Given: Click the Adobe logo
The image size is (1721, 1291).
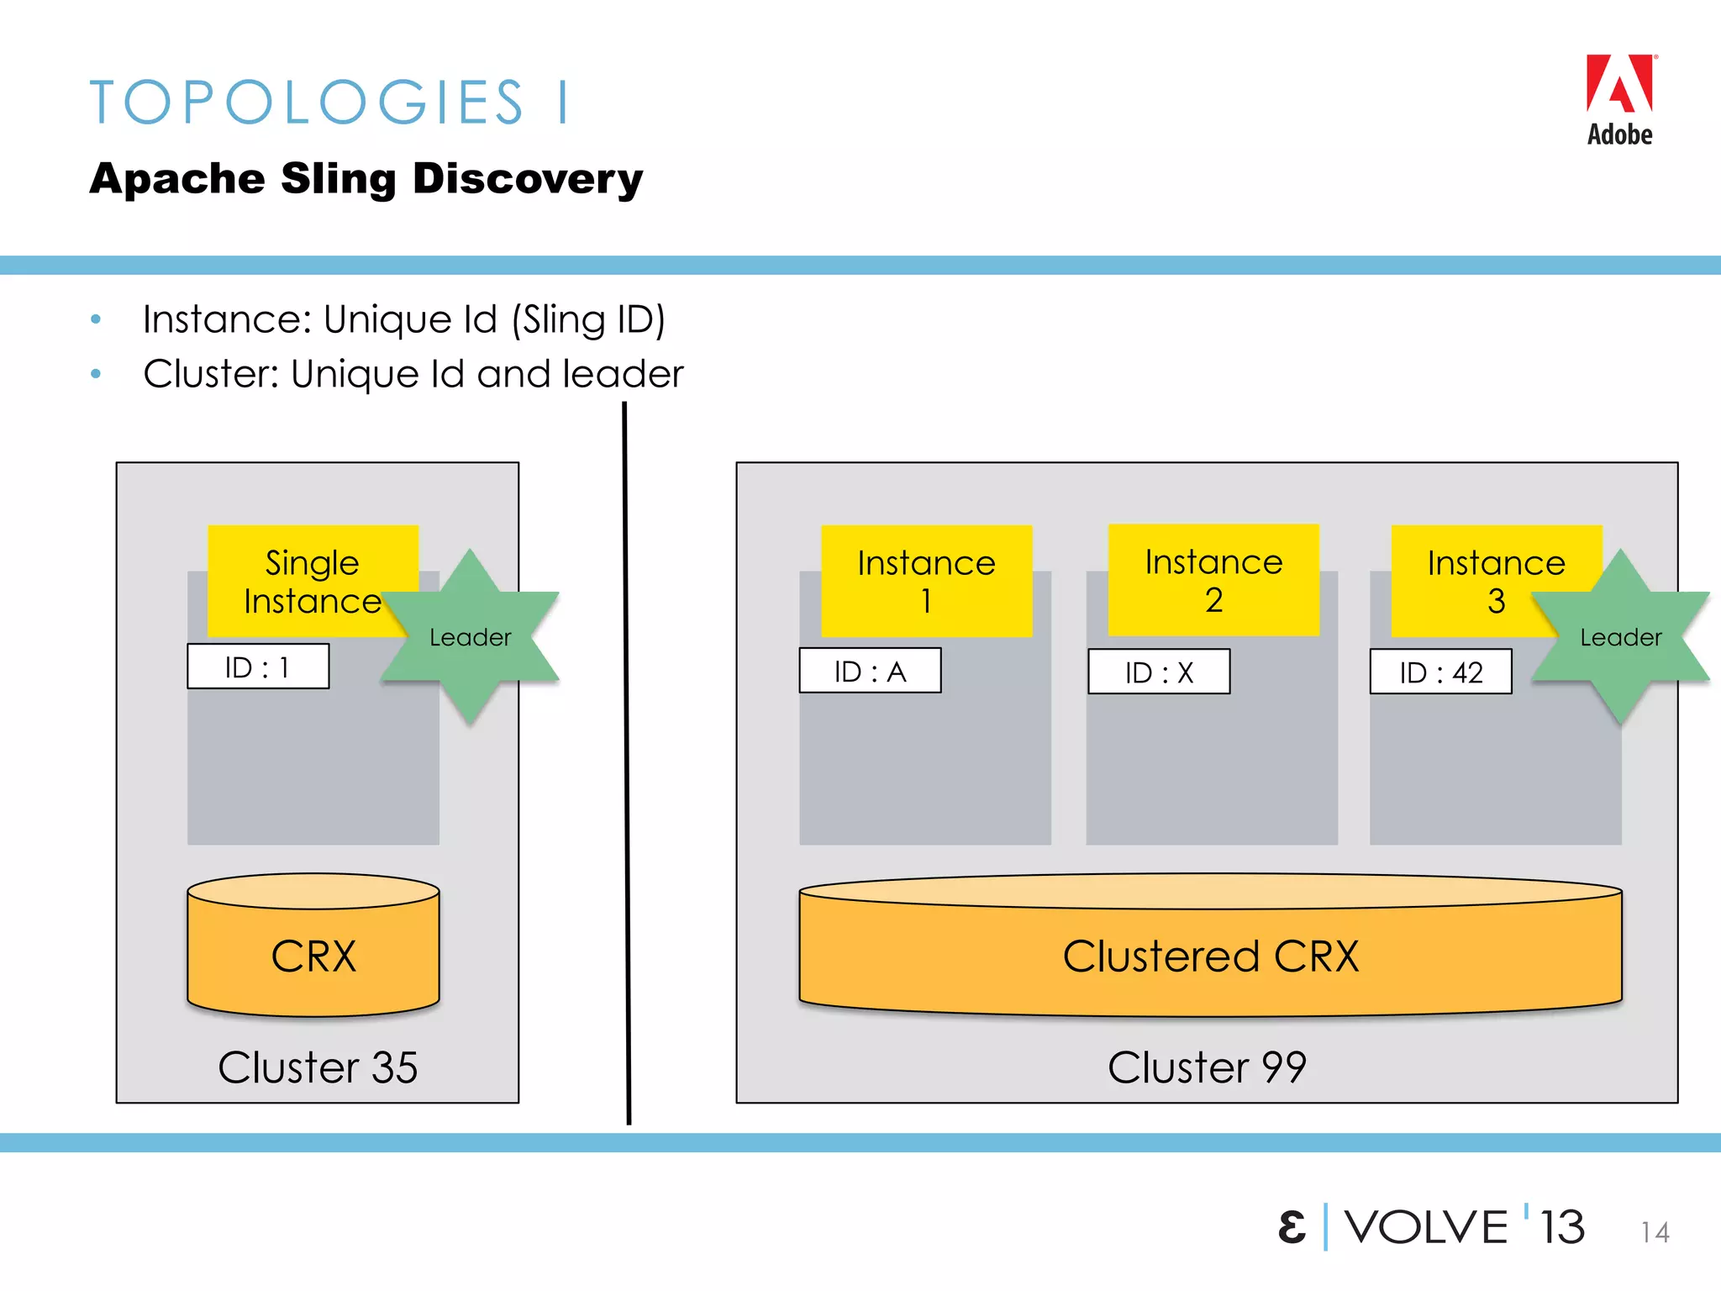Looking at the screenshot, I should point(1619,99).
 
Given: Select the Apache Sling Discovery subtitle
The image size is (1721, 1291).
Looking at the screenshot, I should point(366,179).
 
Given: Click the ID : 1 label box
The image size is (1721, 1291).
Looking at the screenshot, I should point(257,667).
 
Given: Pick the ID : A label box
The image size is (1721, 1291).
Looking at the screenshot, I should point(870,672).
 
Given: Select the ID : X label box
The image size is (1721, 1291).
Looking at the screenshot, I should point(1159,672).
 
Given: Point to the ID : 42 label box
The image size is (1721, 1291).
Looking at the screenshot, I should point(1440,672).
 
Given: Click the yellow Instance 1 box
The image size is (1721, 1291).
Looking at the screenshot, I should point(926,581).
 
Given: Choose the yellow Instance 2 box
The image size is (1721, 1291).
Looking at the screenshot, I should point(1213,580).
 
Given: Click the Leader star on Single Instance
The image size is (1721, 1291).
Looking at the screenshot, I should point(471,637).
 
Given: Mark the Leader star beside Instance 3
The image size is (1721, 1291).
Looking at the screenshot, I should point(1620,637).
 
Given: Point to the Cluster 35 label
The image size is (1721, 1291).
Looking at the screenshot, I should point(318,1067).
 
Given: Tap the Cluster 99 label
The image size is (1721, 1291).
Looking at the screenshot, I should point(1207,1067).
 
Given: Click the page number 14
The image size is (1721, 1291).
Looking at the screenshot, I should point(1655,1232).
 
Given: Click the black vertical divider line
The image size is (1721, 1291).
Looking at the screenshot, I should point(627,756).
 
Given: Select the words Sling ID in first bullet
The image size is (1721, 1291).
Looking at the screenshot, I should point(593,319).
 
